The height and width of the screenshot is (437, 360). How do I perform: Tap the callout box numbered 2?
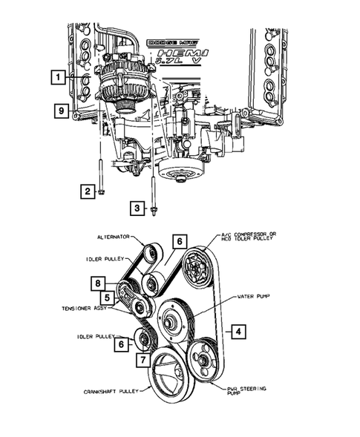[x=88, y=191]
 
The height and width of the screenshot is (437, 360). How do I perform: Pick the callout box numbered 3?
[x=136, y=208]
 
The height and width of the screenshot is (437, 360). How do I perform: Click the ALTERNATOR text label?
[x=114, y=237]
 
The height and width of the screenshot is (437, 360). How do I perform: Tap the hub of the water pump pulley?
[x=170, y=321]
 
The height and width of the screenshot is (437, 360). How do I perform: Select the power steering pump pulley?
[x=203, y=360]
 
